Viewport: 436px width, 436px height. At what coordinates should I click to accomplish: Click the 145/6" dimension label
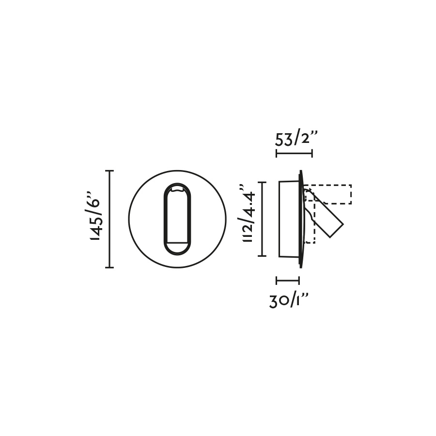pos(95,219)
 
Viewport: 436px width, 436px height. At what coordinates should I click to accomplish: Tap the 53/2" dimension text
pos(296,139)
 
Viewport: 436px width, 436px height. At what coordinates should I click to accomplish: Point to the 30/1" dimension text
pos(289,301)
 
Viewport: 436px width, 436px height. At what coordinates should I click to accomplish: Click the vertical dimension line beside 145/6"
pos(109,219)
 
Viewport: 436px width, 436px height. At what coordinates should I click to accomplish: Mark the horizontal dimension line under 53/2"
pos(294,153)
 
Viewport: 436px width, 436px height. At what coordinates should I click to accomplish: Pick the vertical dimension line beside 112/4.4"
pos(262,219)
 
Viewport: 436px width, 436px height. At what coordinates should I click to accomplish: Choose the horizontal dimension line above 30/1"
pos(288,280)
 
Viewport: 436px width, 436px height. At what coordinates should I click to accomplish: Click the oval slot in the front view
pos(177,219)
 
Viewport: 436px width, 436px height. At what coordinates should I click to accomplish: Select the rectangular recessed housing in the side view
pos(289,219)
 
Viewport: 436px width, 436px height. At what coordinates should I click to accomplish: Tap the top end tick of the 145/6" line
pos(109,171)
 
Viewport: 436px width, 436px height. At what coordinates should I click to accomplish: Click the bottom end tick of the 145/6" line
pos(109,267)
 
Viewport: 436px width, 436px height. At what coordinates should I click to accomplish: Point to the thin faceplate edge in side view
pos(301,219)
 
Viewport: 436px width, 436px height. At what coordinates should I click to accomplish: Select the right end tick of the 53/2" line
pos(312,153)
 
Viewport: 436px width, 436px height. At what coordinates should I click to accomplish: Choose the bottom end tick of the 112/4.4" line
pos(262,255)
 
